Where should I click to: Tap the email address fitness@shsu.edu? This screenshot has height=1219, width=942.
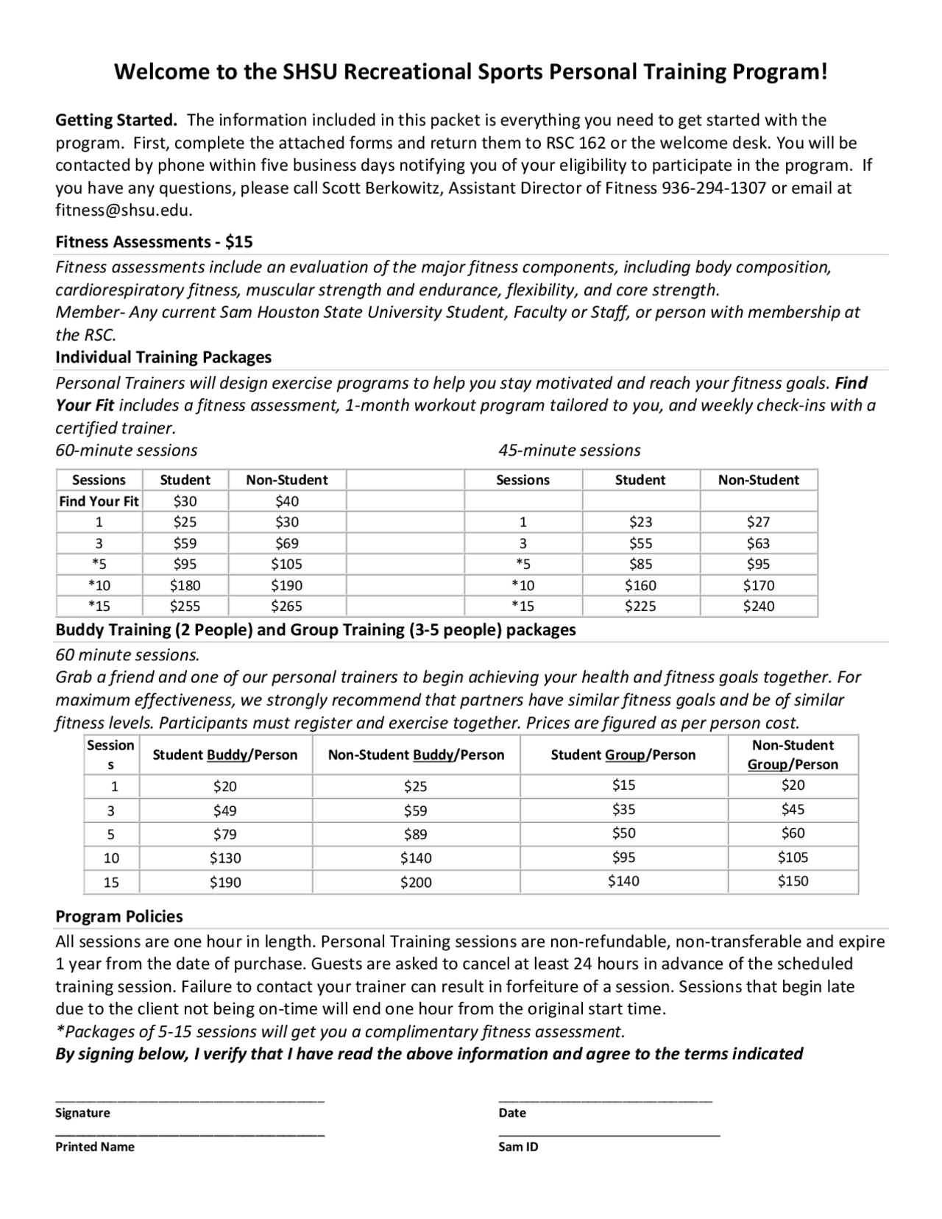point(124,210)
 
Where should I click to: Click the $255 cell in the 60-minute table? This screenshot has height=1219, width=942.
point(185,607)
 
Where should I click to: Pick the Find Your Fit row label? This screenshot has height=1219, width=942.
point(99,501)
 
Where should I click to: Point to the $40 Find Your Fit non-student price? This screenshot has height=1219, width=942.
point(287,501)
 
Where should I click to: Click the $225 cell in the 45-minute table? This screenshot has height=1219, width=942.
point(640,607)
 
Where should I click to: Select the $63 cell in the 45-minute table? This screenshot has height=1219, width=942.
point(758,543)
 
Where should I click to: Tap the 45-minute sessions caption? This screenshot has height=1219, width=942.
point(569,451)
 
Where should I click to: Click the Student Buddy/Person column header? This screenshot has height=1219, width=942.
point(224,755)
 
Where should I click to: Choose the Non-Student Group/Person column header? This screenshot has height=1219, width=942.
point(793,755)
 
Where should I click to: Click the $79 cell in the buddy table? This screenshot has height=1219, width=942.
point(224,834)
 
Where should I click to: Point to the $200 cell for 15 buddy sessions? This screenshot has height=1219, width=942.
point(416,882)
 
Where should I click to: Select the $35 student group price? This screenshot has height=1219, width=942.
point(623,810)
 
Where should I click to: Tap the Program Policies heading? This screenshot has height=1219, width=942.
point(119,916)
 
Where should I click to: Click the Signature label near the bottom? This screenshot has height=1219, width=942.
point(82,1113)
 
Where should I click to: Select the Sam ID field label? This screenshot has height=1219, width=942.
point(518,1147)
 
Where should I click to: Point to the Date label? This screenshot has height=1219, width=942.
point(512,1113)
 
